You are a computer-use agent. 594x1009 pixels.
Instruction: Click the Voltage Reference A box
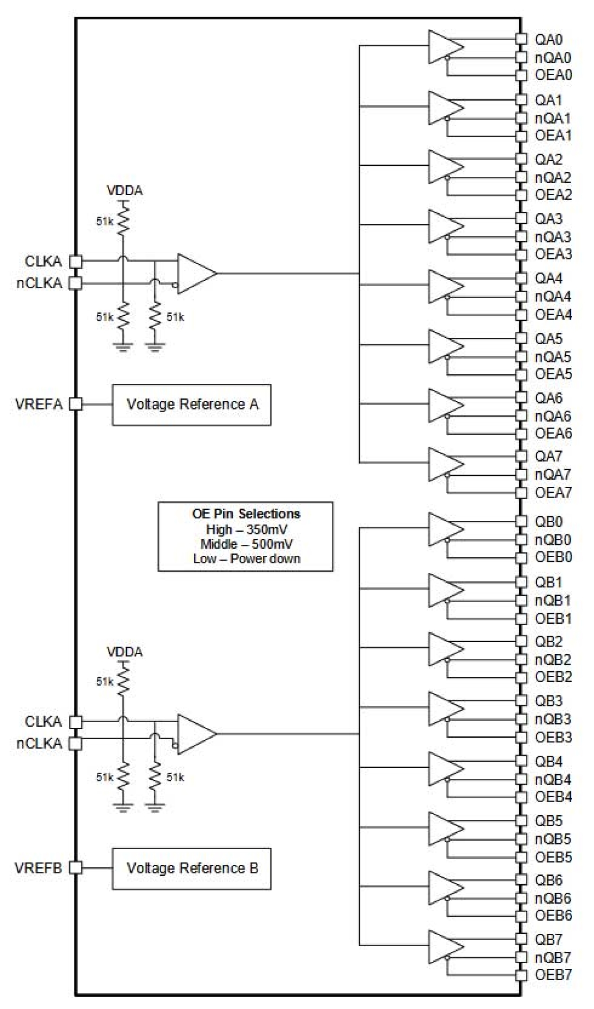pos(191,405)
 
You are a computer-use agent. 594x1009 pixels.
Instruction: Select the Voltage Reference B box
pos(191,868)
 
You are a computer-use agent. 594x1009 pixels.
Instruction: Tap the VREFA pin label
pos(39,405)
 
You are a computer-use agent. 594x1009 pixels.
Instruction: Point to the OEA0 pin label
pos(553,75)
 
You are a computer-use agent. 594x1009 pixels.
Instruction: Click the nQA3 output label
pos(552,237)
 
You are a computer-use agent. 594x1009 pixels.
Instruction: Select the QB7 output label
pos(549,939)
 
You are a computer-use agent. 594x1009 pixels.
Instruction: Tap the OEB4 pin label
pos(553,797)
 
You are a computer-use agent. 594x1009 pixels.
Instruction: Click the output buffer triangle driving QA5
pos(445,346)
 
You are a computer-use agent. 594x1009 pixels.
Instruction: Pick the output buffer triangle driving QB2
pos(445,649)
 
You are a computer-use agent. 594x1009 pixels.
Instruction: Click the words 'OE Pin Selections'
pos(246,514)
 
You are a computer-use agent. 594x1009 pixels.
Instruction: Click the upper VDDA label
pos(124,190)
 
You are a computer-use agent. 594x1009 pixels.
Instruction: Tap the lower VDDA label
pos(124,652)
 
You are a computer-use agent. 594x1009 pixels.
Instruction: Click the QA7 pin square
pos(521,456)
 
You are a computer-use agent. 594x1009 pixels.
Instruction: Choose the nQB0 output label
pos(552,540)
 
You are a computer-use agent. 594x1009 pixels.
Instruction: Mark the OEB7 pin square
pos(521,975)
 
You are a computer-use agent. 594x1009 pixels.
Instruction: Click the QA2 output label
pos(549,159)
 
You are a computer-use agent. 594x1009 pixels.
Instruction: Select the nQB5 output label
pos(552,839)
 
